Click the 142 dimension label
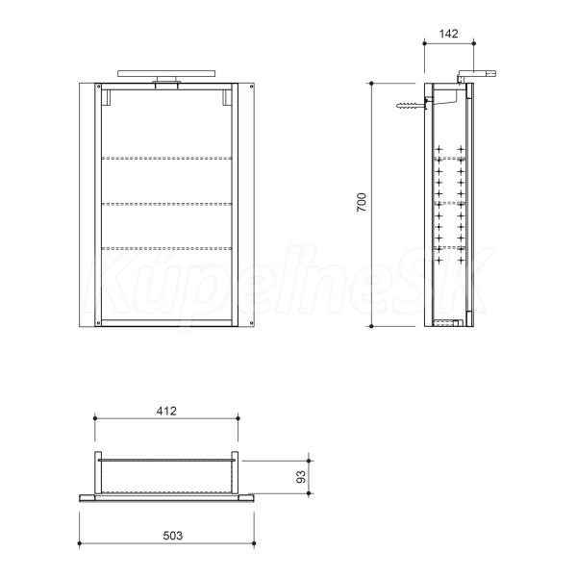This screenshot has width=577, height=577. pos(448,34)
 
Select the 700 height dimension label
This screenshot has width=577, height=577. pos(362,202)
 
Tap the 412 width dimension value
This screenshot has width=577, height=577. pos(166,411)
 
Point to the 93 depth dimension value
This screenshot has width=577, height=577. pos(301,477)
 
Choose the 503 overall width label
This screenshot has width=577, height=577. pos(172,536)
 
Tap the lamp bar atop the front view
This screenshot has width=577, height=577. pos(166,74)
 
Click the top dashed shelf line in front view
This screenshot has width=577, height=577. pos(166,159)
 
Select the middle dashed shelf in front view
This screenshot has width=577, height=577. pos(166,204)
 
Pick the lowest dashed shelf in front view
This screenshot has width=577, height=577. pos(166,248)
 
